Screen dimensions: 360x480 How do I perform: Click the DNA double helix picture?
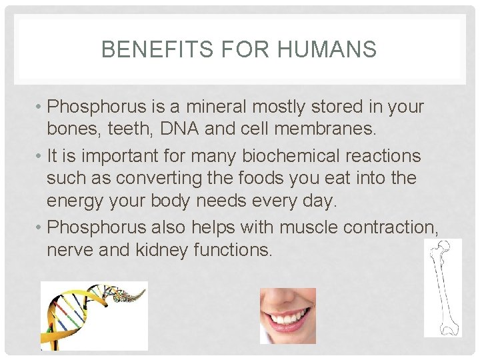94,315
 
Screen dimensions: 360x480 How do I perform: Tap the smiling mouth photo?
287,315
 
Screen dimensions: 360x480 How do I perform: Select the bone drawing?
442,287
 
